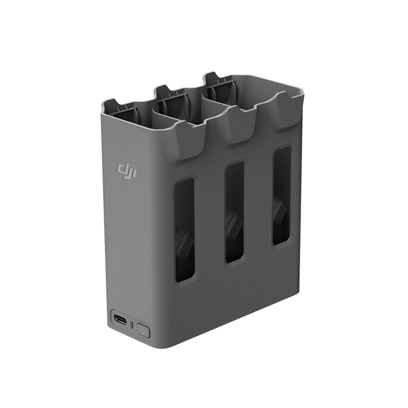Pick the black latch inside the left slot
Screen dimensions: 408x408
click(184, 250)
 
